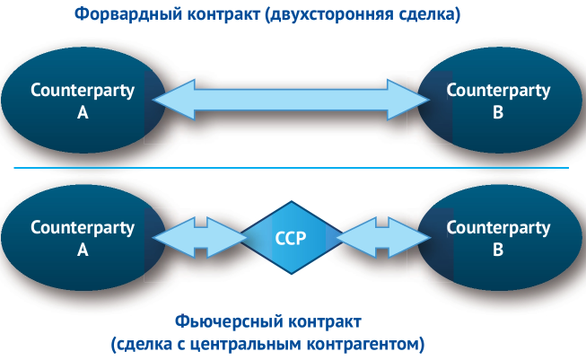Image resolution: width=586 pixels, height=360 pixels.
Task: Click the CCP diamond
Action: coord(293,237)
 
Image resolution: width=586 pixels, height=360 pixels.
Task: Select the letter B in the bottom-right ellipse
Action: coord(498,250)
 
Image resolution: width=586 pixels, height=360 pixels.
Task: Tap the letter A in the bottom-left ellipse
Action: coord(83,250)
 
